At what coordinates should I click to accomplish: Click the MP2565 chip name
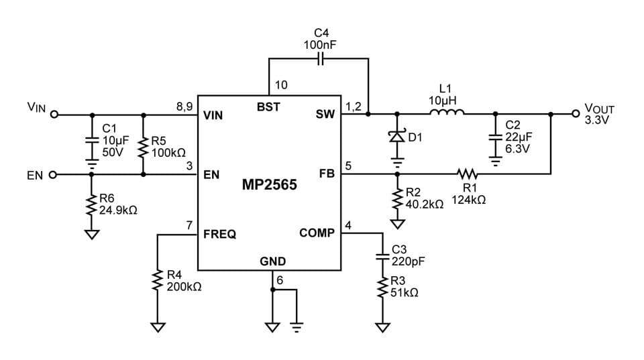click(x=269, y=185)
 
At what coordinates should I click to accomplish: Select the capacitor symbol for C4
click(x=320, y=59)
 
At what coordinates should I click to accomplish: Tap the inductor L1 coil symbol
click(x=445, y=113)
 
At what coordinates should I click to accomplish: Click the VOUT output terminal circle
click(x=576, y=114)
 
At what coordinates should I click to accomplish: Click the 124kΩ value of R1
click(x=469, y=200)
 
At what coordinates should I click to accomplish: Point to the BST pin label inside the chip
click(x=268, y=106)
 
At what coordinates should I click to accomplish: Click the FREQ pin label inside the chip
click(x=219, y=235)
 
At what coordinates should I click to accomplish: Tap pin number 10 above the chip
click(x=281, y=85)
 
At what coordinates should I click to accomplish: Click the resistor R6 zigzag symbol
click(x=91, y=203)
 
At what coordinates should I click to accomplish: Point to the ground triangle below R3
click(x=382, y=328)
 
